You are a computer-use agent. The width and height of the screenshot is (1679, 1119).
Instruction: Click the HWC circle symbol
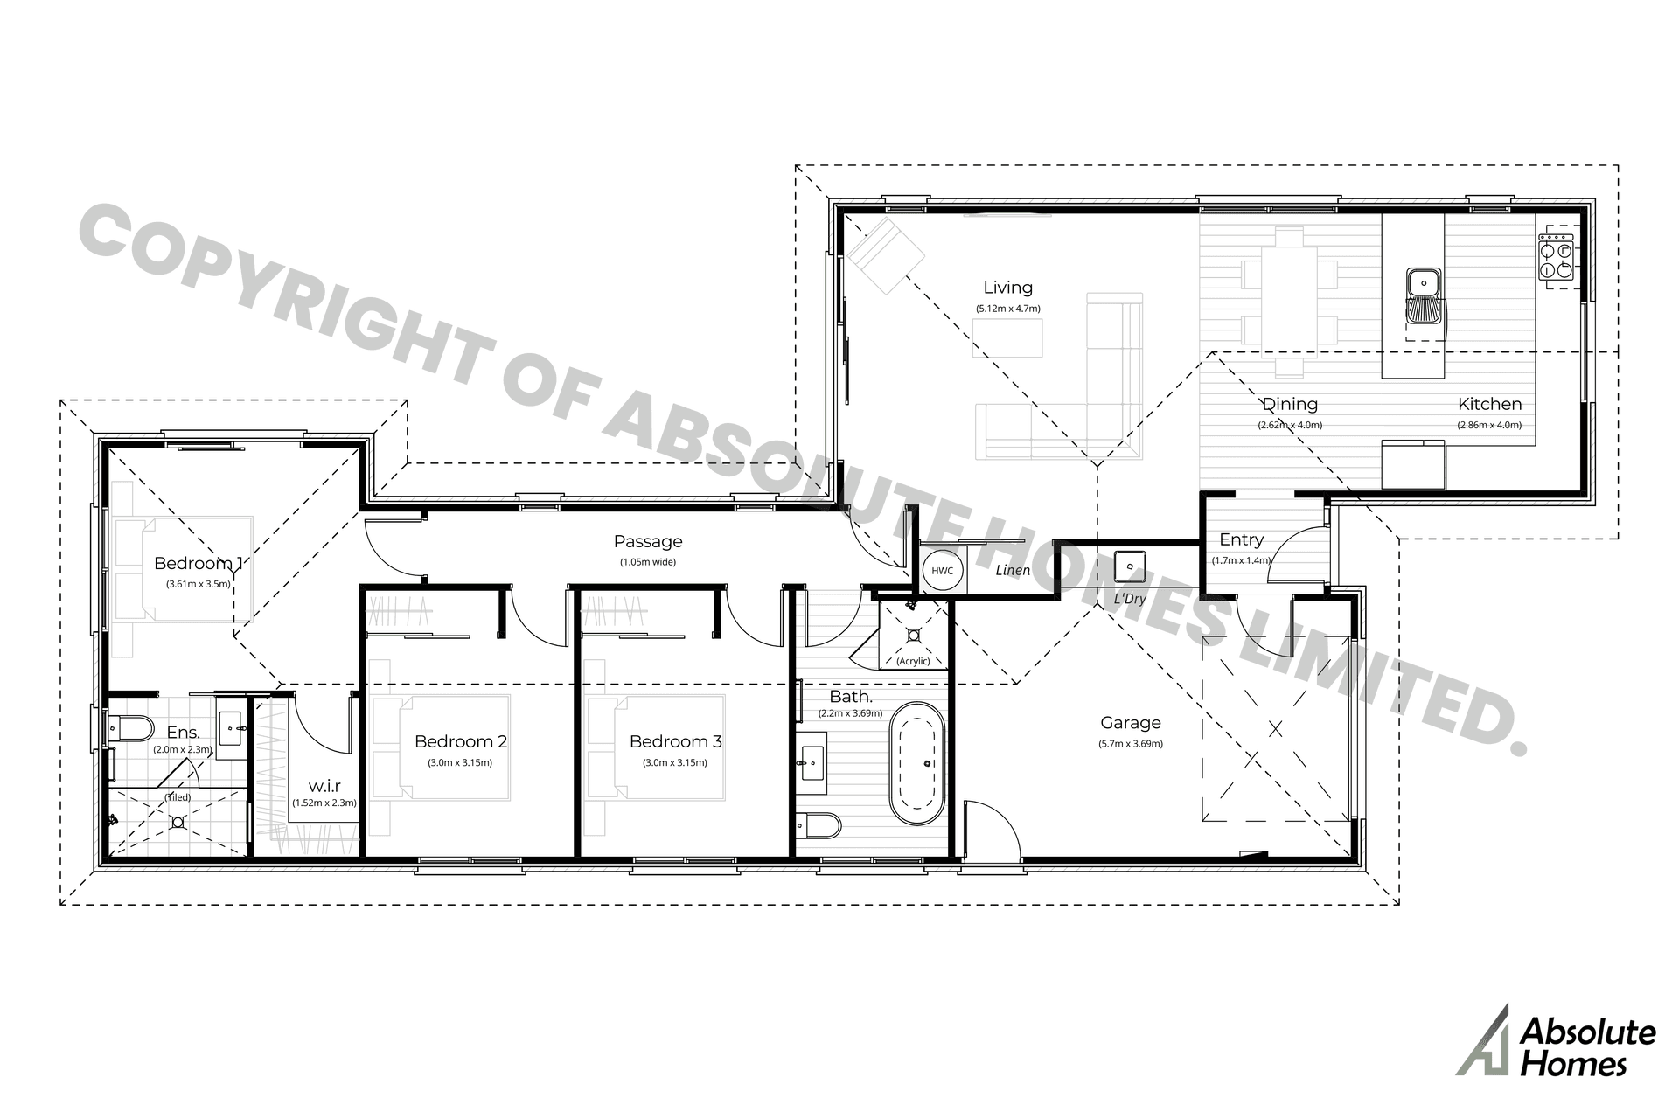[942, 571]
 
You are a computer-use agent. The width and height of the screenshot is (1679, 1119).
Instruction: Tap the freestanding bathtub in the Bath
[916, 762]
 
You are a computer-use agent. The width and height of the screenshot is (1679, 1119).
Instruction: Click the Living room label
[1007, 288]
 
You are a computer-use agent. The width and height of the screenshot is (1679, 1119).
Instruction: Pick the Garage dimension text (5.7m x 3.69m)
[1130, 744]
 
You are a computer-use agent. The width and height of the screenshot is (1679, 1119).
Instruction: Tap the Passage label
[647, 542]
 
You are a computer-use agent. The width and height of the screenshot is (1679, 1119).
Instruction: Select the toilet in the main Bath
[818, 825]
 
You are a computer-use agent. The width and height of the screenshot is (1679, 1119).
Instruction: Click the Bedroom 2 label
[460, 741]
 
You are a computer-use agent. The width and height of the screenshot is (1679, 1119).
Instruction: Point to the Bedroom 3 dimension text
[675, 762]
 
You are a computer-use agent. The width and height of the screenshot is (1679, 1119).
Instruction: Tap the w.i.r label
[324, 786]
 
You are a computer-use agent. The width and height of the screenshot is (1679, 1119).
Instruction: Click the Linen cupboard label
[1013, 571]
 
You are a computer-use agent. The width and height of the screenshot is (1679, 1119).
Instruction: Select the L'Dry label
[1129, 599]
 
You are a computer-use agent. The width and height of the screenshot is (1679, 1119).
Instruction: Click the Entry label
[1241, 540]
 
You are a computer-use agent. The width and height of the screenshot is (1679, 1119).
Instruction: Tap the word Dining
[1290, 404]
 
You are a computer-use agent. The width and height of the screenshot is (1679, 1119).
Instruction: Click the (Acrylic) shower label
[913, 661]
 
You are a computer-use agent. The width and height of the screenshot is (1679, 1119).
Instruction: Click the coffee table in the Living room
[1007, 337]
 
